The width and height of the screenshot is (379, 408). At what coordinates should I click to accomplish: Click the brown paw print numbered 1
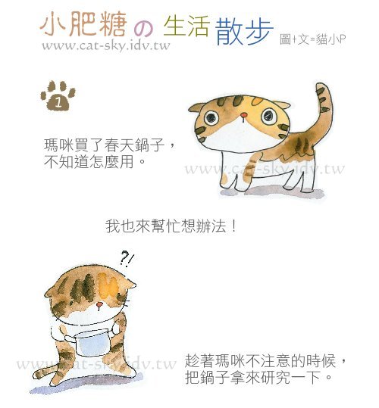58,95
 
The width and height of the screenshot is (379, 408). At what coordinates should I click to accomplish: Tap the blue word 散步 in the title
244,31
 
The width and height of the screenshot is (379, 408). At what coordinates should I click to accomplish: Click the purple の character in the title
143,30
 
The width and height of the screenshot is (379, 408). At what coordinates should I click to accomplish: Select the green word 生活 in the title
186,26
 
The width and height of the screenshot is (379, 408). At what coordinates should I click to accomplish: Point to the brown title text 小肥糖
83,24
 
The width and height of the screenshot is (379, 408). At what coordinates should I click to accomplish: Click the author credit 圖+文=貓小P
313,39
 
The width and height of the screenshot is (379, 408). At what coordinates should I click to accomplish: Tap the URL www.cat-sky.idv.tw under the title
106,46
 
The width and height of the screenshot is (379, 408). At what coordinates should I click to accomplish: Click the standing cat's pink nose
243,115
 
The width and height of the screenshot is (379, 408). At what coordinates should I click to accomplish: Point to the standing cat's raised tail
322,112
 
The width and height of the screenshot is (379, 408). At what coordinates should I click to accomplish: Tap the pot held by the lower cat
90,341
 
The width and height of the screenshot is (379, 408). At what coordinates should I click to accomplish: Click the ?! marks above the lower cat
127,258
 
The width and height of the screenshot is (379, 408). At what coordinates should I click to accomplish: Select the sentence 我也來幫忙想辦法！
171,226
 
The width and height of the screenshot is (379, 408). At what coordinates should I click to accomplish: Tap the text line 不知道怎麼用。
95,161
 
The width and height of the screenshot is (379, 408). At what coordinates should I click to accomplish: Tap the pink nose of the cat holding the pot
99,305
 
